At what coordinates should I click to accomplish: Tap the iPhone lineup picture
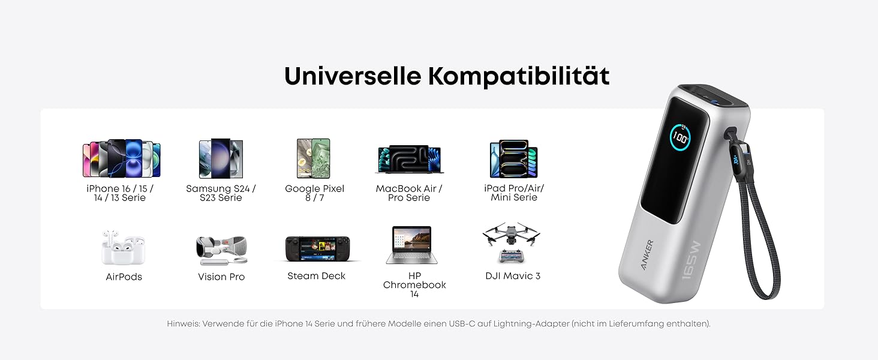point(121,159)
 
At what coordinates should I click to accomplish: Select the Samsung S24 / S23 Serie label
point(221,193)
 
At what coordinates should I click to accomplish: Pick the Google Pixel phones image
point(314,158)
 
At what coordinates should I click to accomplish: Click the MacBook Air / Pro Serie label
point(409,193)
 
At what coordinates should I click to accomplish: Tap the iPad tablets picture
point(513,160)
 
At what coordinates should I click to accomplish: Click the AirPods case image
point(124,247)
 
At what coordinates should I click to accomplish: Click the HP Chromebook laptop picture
point(411,245)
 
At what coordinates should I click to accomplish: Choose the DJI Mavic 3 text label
point(513,276)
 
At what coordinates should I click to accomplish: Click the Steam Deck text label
point(316,276)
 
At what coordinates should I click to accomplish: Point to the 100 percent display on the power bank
point(679,137)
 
